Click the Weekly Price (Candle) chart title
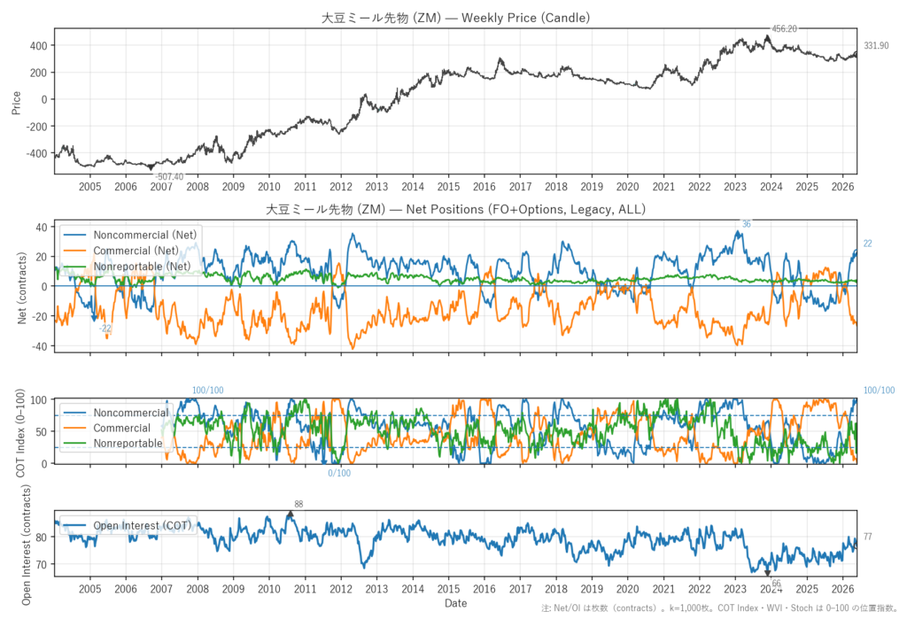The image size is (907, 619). pos(456,18)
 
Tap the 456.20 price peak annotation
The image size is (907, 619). pos(785,28)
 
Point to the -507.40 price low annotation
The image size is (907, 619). pos(169,177)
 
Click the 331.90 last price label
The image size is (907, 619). pos(876,46)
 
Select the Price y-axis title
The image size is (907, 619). pos(16,103)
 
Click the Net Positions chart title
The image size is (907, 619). pos(456,209)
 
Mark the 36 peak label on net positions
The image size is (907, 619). pos(746,224)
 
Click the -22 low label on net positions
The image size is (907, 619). pos(105,329)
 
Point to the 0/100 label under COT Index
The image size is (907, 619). pos(339,473)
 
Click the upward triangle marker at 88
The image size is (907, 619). pos(290,514)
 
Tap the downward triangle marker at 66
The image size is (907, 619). pos(768,573)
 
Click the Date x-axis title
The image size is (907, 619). pos(456,603)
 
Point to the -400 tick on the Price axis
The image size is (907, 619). pos(36,153)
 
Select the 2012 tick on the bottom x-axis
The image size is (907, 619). pos(341,589)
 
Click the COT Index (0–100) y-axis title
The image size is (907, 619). pos(21,433)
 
